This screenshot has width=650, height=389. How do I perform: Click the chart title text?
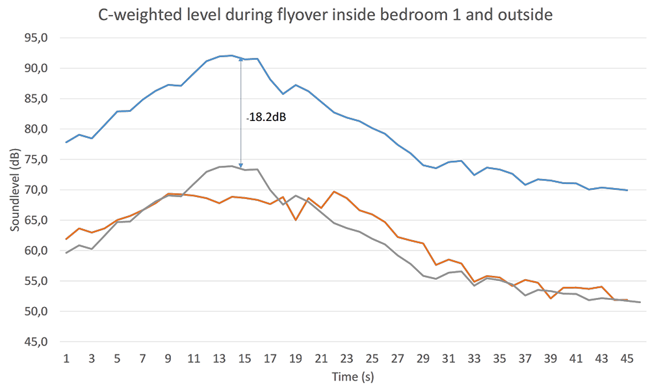coord(325,14)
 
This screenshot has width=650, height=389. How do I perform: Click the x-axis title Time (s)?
coord(353,377)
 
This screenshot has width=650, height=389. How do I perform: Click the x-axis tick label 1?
coord(66,358)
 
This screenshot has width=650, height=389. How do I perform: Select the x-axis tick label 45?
coord(627,358)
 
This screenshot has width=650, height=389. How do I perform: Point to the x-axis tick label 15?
coord(244,358)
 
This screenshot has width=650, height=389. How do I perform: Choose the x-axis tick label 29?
coord(422,358)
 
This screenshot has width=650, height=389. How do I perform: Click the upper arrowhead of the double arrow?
coord(241,59)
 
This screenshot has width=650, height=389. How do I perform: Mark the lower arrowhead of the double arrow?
coord(241,167)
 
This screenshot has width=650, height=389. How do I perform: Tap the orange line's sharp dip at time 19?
coord(296,220)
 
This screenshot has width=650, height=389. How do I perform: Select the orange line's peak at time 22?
coord(333,191)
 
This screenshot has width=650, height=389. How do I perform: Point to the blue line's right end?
coord(627,190)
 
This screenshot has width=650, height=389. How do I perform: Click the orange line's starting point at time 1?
coord(66,239)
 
